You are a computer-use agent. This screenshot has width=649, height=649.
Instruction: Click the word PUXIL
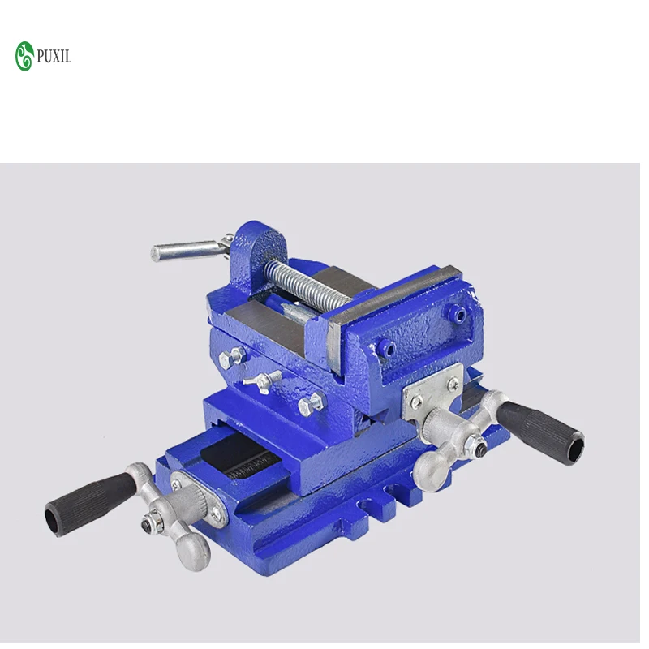click(54, 57)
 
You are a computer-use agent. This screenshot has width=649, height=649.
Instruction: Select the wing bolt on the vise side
click(264, 378)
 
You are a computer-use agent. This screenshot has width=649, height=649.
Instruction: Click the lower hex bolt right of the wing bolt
click(310, 403)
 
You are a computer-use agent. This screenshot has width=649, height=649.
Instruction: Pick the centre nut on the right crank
click(479, 444)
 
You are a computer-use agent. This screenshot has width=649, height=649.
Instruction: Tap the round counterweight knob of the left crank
click(195, 552)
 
